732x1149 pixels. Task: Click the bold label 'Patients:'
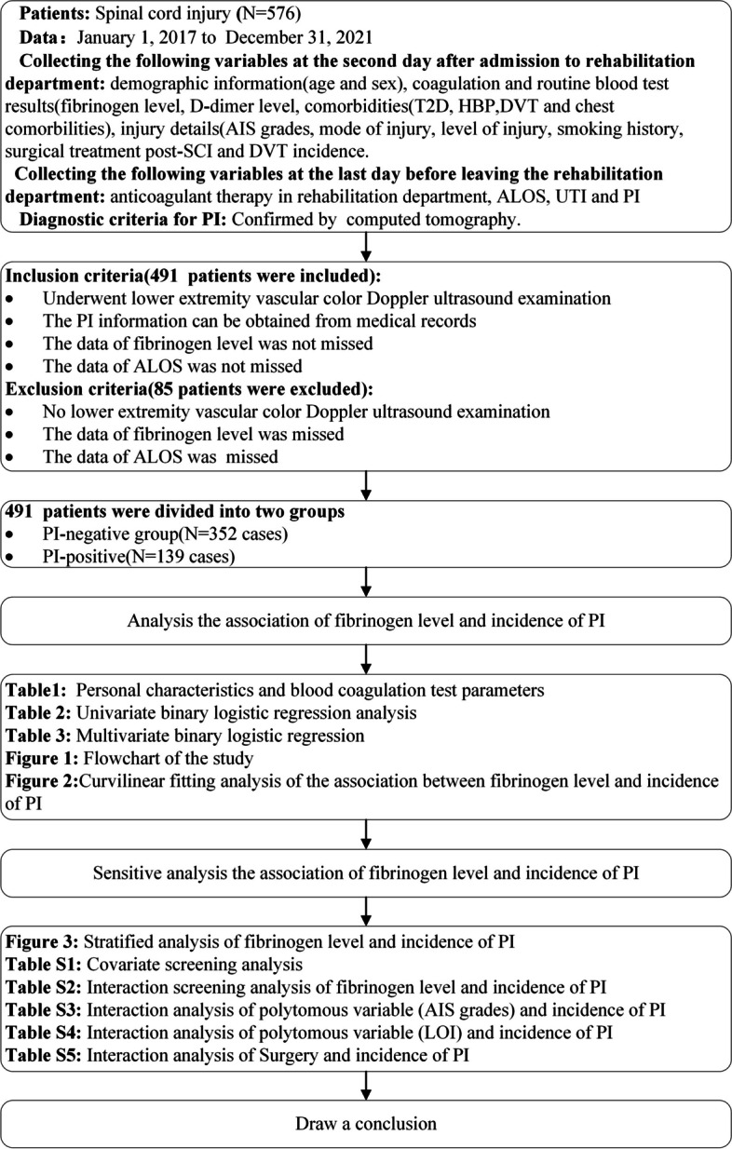point(55,13)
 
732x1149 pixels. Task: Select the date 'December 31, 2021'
point(299,38)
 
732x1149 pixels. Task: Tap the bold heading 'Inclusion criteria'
point(74,276)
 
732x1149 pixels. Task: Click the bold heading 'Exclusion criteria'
point(76,389)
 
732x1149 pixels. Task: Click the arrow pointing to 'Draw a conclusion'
point(366,1086)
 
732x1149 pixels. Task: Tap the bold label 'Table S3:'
point(44,1010)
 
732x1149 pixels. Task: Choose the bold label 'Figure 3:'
point(42,942)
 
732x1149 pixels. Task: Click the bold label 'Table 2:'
point(38,713)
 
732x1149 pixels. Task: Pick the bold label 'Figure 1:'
point(42,758)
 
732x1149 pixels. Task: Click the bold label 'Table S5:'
point(44,1055)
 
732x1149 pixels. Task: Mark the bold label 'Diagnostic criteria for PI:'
point(123,220)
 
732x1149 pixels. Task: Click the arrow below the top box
point(366,246)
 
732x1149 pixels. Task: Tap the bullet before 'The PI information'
point(9,322)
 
